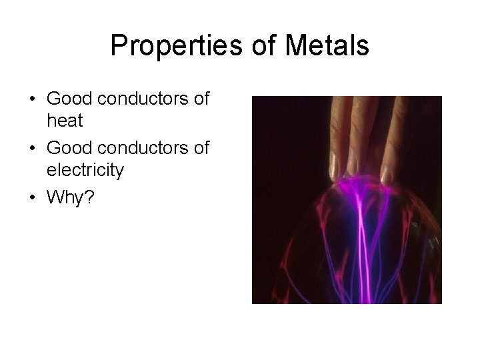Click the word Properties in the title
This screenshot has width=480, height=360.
pos(167,46)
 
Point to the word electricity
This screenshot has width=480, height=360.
pos(85,170)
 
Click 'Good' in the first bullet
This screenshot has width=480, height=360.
pos(69,99)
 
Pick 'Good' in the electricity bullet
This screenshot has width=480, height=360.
pos(69,148)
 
